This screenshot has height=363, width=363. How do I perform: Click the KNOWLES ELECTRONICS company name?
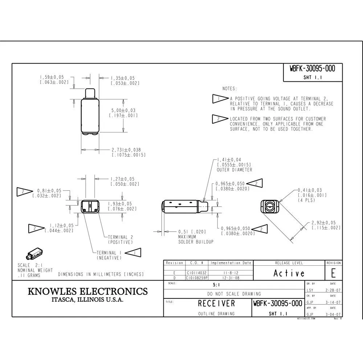pyautogui.click(x=88, y=291)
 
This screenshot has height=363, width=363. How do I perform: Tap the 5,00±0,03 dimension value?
pyautogui.click(x=123, y=110)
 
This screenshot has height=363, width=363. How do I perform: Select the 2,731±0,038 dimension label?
pyautogui.click(x=126, y=150)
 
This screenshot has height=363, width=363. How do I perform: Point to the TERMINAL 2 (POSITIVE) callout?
pyautogui.click(x=120, y=240)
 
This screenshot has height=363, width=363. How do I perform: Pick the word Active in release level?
pyautogui.click(x=289, y=273)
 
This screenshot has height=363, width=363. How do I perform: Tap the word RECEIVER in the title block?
pyautogui.click(x=216, y=303)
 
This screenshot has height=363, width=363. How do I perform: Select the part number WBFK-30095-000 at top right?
pyautogui.click(x=312, y=69)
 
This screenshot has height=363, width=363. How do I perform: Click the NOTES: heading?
pyautogui.click(x=229, y=89)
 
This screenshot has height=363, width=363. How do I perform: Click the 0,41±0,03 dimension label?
pyautogui.click(x=310, y=190)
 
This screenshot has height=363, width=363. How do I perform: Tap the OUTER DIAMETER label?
pyautogui.click(x=234, y=170)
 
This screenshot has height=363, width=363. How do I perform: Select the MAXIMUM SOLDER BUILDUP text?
pyautogui.click(x=196, y=239)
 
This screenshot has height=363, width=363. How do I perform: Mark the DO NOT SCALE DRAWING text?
pyautogui.click(x=234, y=294)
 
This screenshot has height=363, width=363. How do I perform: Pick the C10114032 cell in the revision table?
pyautogui.click(x=197, y=272)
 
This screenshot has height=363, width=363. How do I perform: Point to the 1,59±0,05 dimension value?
pyautogui.click(x=52, y=77)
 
